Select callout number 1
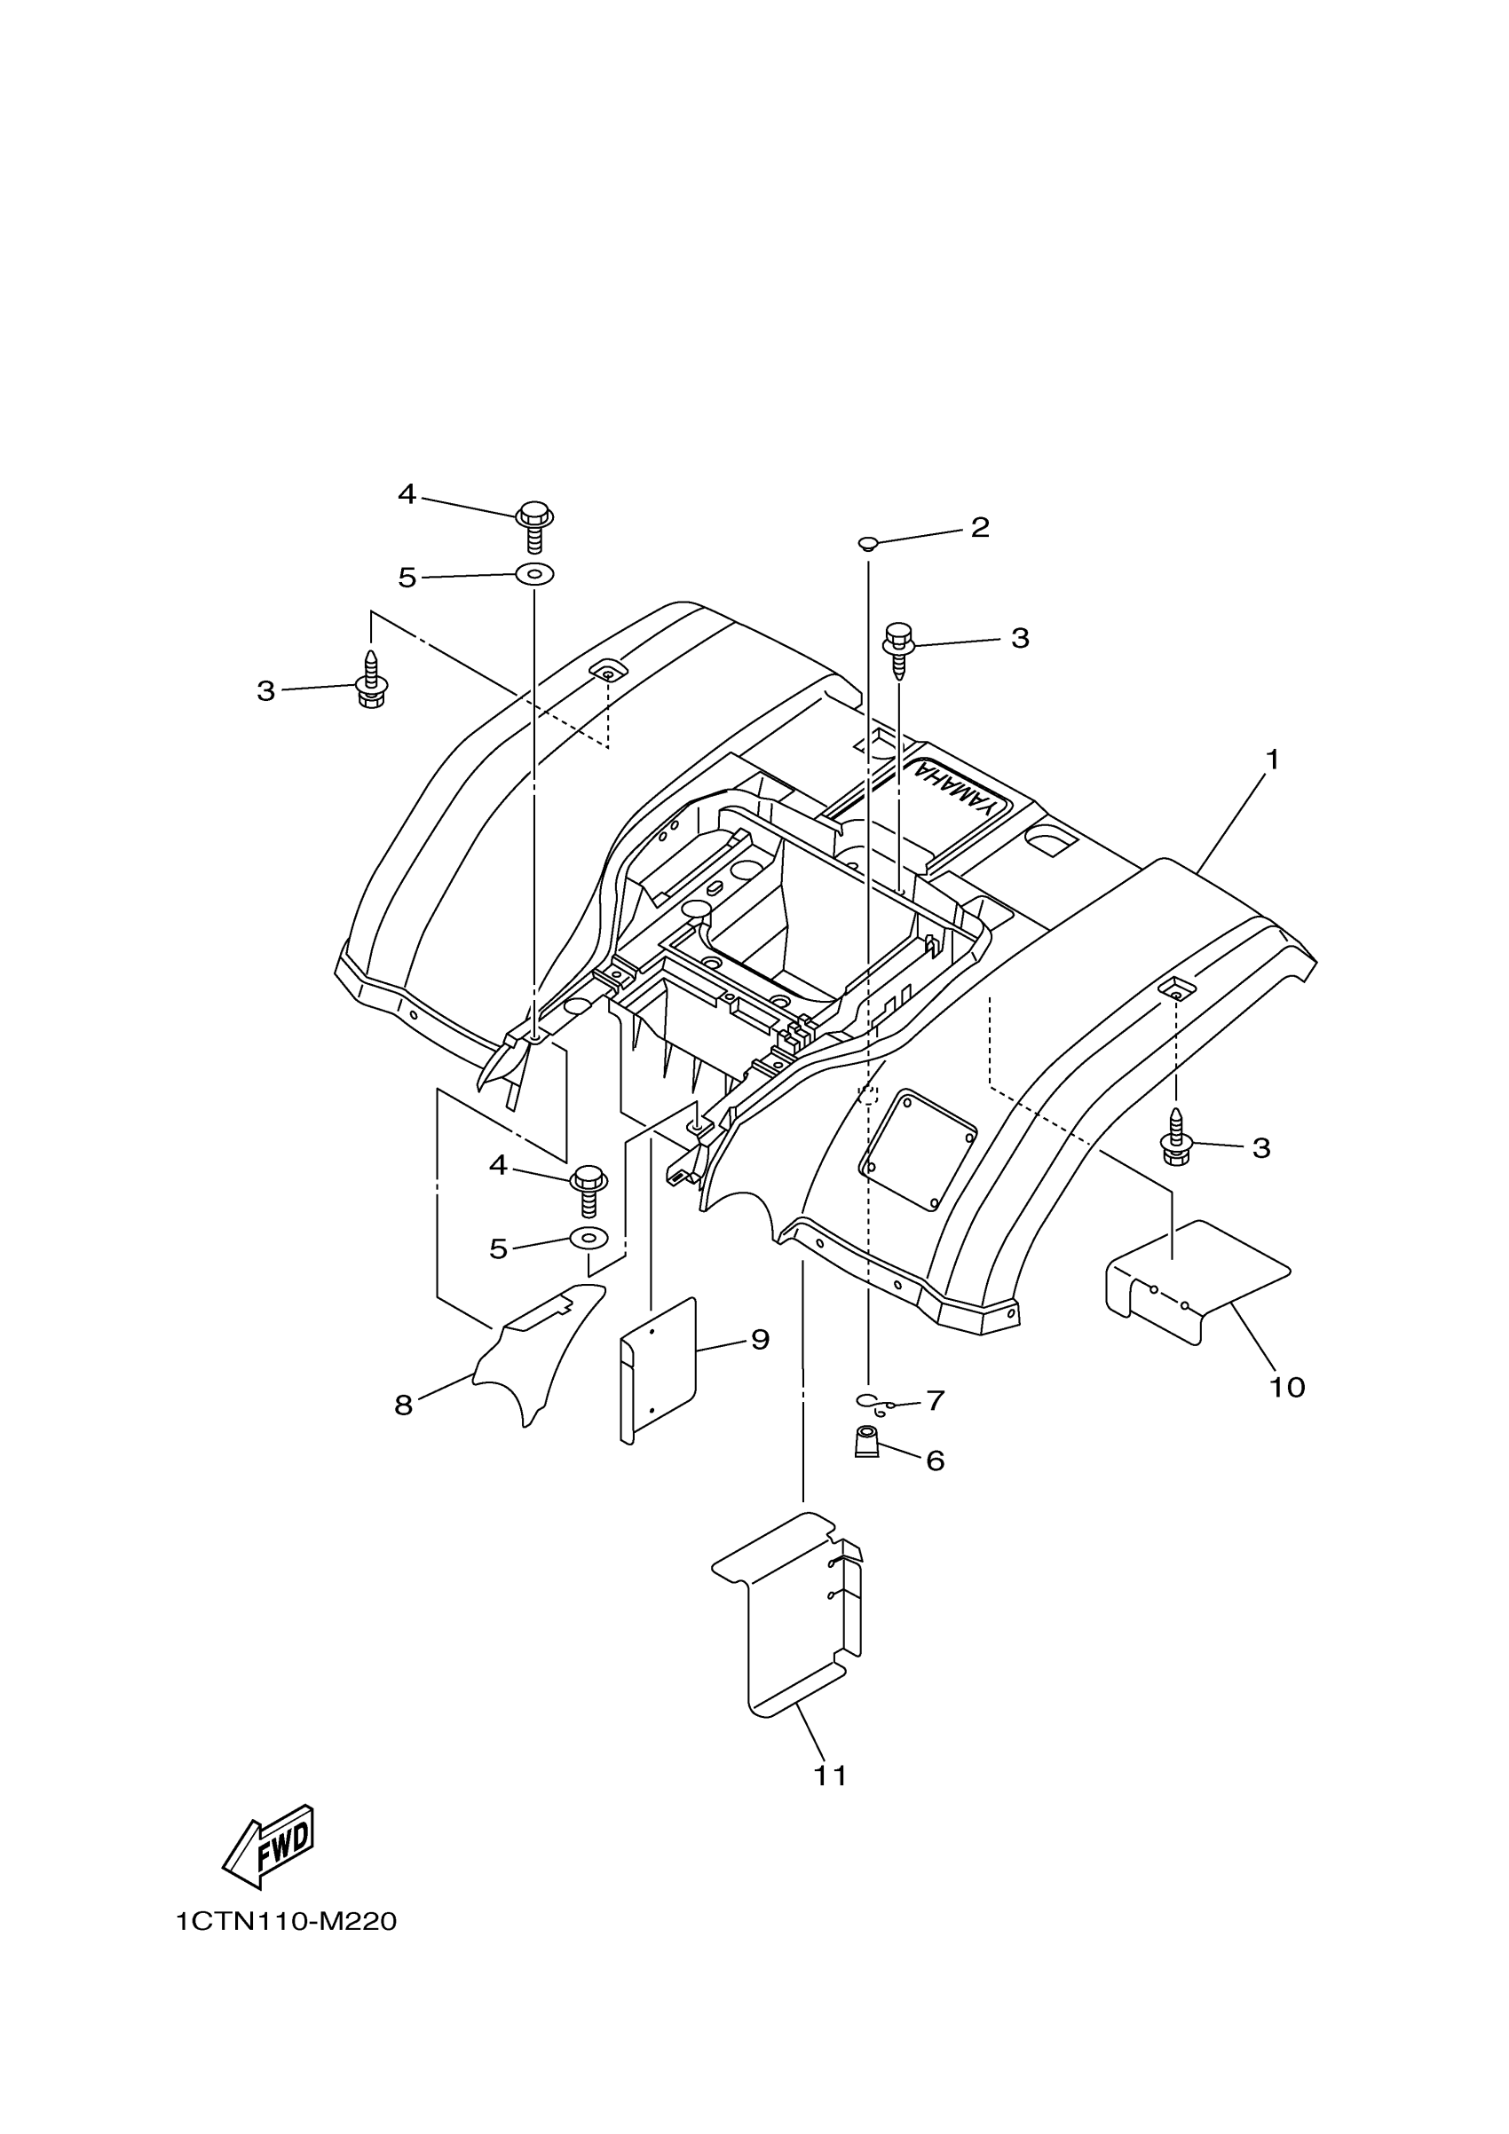pos(1272,760)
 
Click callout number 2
pos(979,528)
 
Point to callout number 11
pos(830,1776)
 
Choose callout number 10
pos(1287,1413)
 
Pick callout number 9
pos(760,1339)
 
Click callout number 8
pos(403,1406)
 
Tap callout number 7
pos(936,1399)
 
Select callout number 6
pos(936,1461)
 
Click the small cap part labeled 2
pos(867,543)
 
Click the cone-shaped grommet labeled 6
pos(866,1444)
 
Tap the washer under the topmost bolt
pos(534,574)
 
